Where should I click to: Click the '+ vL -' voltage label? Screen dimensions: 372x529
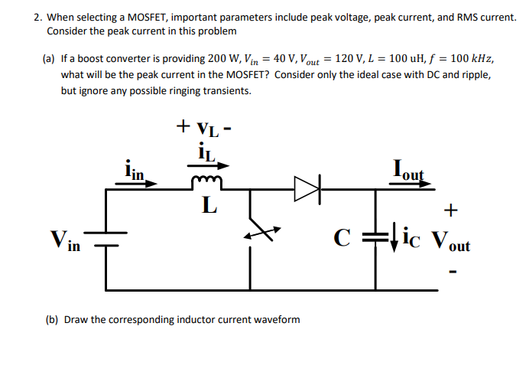[203, 125]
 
